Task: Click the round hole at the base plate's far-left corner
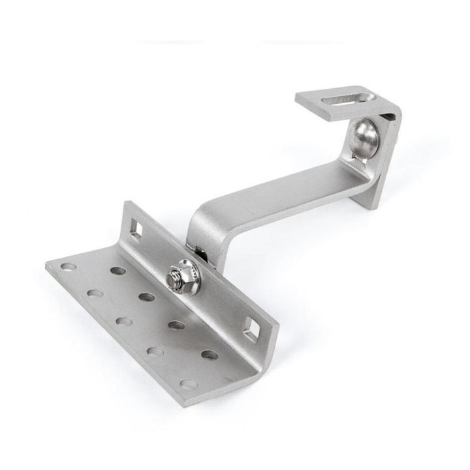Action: pyautogui.click(x=68, y=266)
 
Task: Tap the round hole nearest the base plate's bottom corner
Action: pyautogui.click(x=189, y=384)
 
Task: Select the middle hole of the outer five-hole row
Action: pyautogui.click(x=123, y=321)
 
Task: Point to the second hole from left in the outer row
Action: pyautogui.click(x=95, y=293)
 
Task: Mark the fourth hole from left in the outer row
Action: pyautogui.click(x=155, y=352)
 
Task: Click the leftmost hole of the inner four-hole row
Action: pyautogui.click(x=118, y=270)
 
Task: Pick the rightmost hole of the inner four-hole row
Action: pyautogui.click(x=210, y=355)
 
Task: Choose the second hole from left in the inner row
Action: pyautogui.click(x=147, y=297)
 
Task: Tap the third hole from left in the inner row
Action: pyautogui.click(x=176, y=324)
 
